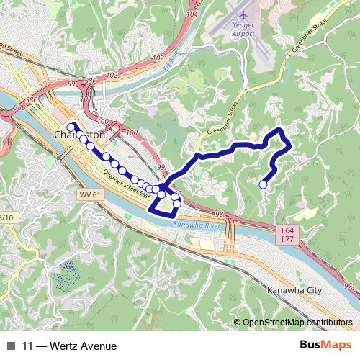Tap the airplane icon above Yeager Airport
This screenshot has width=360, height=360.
click(x=242, y=14)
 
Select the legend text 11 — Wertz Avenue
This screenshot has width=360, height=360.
click(x=69, y=346)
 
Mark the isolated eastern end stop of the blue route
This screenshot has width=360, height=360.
click(x=263, y=185)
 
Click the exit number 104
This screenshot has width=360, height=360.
click(x=191, y=13)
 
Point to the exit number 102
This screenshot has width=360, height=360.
click(x=158, y=58)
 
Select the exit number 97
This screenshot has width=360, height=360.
click(x=348, y=287)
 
